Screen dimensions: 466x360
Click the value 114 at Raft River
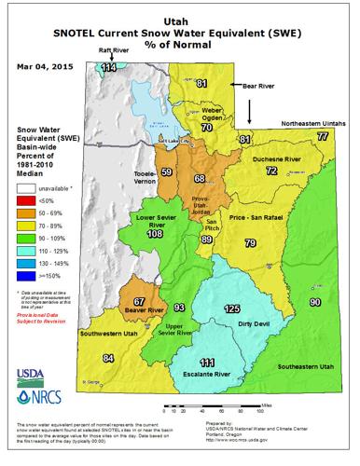pos(108,67)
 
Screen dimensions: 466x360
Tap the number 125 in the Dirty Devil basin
pos(231,308)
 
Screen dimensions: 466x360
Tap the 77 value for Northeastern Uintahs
pos(322,136)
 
